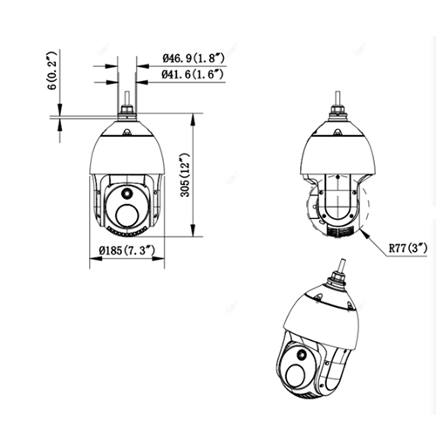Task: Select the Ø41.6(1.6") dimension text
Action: (194, 76)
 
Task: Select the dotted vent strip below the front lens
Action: (126, 232)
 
